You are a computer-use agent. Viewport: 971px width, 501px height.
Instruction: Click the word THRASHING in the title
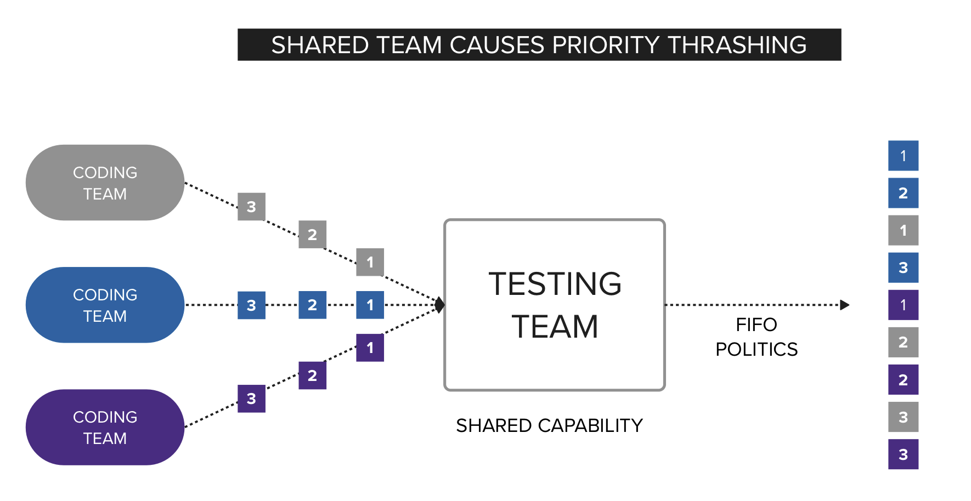tap(737, 45)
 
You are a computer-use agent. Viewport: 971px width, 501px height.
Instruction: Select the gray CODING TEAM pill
tap(105, 183)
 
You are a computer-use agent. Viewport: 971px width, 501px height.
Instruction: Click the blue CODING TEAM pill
tap(105, 305)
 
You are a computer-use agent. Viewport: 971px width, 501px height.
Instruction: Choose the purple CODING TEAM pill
tap(105, 427)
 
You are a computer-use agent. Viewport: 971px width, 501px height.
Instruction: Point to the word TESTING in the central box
tap(555, 284)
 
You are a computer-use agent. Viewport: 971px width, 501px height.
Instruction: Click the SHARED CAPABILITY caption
tap(549, 425)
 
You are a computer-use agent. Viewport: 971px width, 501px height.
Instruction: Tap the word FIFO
tap(756, 324)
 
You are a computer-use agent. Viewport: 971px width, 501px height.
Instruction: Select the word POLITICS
tap(756, 349)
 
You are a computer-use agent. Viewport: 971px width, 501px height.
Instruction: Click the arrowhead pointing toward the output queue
tap(845, 305)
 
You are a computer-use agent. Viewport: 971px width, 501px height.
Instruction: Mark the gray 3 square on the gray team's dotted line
tap(251, 207)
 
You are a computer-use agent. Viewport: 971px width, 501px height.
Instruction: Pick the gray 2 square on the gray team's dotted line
tap(312, 235)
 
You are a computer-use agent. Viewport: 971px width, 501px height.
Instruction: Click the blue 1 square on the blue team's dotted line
tap(370, 305)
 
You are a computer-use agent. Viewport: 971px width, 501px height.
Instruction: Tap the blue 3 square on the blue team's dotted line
tap(251, 305)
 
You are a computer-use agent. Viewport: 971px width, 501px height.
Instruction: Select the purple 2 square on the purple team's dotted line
tap(312, 375)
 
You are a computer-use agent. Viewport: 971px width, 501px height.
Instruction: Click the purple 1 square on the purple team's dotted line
tap(370, 348)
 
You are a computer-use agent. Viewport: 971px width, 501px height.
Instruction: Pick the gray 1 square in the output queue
tap(903, 230)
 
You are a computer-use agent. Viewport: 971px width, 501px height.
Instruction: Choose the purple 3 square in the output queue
tap(903, 454)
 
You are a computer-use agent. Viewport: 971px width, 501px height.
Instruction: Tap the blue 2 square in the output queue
tap(903, 193)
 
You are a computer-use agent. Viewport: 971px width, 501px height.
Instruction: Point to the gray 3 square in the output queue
tap(903, 417)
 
